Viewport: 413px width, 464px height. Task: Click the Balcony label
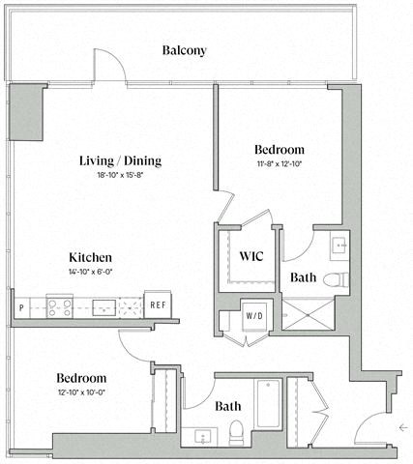[x=184, y=50]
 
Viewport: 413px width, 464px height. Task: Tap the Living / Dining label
[x=120, y=160]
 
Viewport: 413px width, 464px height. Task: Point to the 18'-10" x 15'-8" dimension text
[x=120, y=176]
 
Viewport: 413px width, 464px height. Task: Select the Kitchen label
[x=91, y=257]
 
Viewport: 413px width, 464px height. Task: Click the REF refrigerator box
[x=158, y=305]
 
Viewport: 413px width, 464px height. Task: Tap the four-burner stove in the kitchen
[x=57, y=307]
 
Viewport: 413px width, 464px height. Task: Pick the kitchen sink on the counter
[x=103, y=307]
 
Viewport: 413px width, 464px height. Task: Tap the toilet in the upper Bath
[x=334, y=280]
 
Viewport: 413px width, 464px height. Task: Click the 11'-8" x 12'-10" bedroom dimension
[x=280, y=165]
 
